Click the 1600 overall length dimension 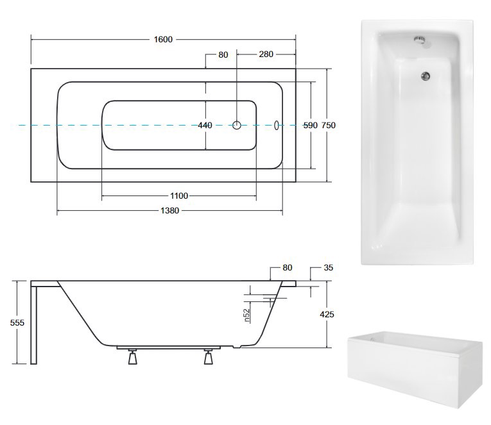point(163,39)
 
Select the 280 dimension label point(266,54)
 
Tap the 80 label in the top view point(223,54)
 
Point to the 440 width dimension point(205,126)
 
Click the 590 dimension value point(310,126)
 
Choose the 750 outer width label point(329,126)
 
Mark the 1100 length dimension point(179,196)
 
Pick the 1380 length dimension point(169,211)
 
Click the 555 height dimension point(17,322)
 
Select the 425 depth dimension point(327,314)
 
